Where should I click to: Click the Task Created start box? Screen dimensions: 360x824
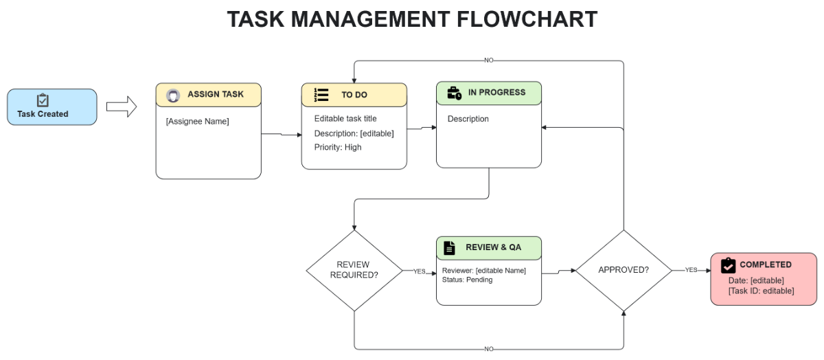pyautogui.click(x=52, y=107)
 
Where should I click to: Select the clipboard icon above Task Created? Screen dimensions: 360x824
pyautogui.click(x=43, y=100)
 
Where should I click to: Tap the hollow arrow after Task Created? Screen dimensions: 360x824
pyautogui.click(x=122, y=107)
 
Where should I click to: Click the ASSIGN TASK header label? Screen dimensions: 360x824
pyautogui.click(x=215, y=95)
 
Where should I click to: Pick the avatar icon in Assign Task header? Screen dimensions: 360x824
pyautogui.click(x=173, y=95)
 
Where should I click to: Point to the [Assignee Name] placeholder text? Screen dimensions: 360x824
pyautogui.click(x=198, y=122)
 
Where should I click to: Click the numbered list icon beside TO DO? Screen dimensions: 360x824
pyautogui.click(x=321, y=95)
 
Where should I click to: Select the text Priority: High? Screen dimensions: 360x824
pyautogui.click(x=338, y=147)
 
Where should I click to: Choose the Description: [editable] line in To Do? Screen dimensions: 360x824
pyautogui.click(x=354, y=133)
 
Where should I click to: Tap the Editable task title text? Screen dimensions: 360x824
pyautogui.click(x=345, y=119)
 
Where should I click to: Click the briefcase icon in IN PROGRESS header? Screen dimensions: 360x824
pyautogui.click(x=454, y=93)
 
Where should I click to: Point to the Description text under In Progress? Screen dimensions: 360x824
pyautogui.click(x=468, y=119)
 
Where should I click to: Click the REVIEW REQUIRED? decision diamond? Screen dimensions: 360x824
pyautogui.click(x=354, y=270)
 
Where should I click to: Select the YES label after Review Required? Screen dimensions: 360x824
pyautogui.click(x=419, y=271)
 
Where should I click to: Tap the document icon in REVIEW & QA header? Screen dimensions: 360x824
pyautogui.click(x=449, y=247)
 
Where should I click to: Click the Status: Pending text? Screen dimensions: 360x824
pyautogui.click(x=467, y=280)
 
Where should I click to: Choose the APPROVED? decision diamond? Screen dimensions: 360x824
pyautogui.click(x=623, y=270)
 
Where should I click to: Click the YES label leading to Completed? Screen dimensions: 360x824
pyautogui.click(x=691, y=270)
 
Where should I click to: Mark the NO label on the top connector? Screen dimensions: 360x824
pyautogui.click(x=488, y=60)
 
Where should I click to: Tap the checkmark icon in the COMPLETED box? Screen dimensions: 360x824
pyautogui.click(x=728, y=265)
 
